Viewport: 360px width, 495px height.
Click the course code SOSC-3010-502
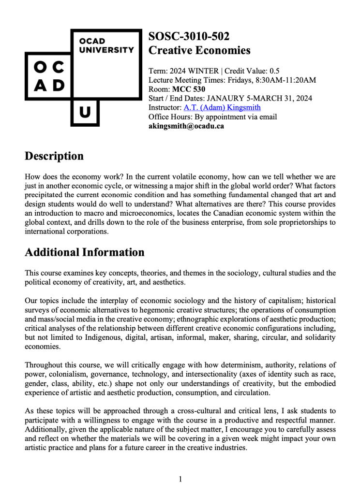[x=189, y=36]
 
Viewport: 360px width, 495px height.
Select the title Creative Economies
[x=199, y=50]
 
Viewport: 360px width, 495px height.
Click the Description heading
[x=54, y=156]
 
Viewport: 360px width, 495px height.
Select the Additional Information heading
[x=85, y=252]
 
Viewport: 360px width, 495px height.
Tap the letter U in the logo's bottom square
[x=85, y=113]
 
